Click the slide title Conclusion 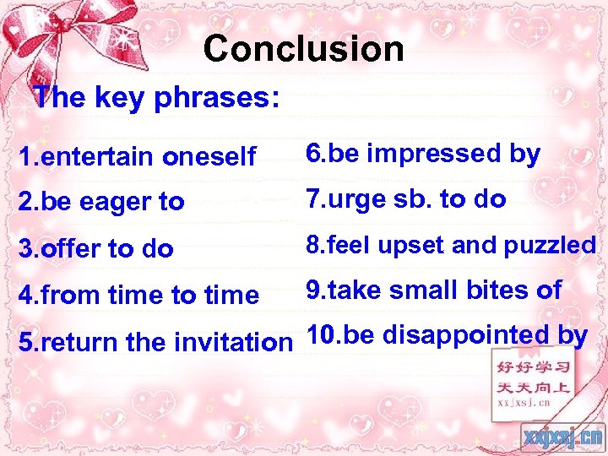tap(303, 49)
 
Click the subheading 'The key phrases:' tap(155, 98)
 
